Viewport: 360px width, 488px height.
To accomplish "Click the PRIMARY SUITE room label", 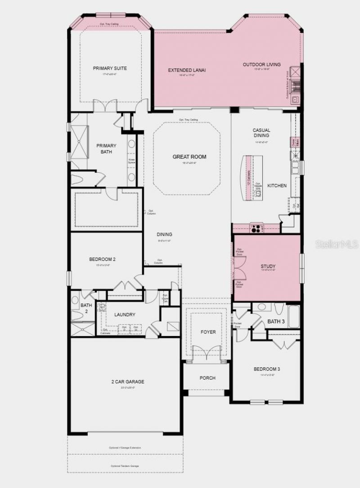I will pyautogui.click(x=110, y=68).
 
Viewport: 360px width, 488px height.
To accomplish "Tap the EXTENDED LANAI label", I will pyautogui.click(x=187, y=70).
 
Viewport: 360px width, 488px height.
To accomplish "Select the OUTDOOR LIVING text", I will pyautogui.click(x=261, y=65).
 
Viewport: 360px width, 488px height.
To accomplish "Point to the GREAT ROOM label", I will pyautogui.click(x=189, y=157).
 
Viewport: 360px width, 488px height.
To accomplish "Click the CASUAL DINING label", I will pyautogui.click(x=261, y=133).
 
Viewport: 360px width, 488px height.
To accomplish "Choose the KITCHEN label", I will pyautogui.click(x=277, y=186).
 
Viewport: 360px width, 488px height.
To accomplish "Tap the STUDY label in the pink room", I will pyautogui.click(x=268, y=267).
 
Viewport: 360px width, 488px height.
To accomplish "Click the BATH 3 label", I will pyautogui.click(x=276, y=322).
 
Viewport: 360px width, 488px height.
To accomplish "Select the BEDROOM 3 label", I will pyautogui.click(x=266, y=369).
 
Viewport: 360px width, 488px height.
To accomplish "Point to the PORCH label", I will pyautogui.click(x=207, y=378).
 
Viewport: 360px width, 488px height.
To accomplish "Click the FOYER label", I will pyautogui.click(x=208, y=332).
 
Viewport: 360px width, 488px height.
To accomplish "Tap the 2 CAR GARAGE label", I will pyautogui.click(x=128, y=382).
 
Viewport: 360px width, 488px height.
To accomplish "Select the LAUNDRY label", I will pyautogui.click(x=125, y=315).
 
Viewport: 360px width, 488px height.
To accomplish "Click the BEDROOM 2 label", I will pyautogui.click(x=103, y=260).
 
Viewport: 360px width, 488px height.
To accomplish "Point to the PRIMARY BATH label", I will pyautogui.click(x=106, y=148).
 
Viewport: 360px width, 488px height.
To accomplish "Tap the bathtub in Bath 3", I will pyautogui.click(x=294, y=317).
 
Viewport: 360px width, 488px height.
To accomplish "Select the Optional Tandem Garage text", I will pyautogui.click(x=125, y=466).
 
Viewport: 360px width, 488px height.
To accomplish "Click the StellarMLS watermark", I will pyautogui.click(x=337, y=244).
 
